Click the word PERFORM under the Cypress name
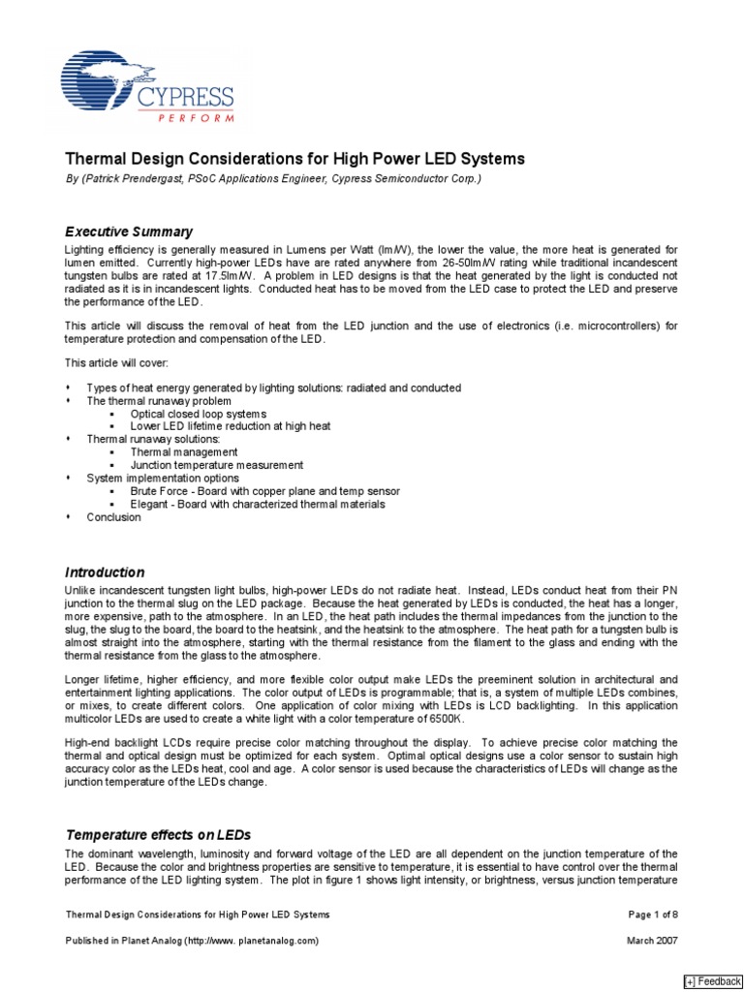point(197,118)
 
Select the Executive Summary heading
point(129,232)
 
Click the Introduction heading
point(105,573)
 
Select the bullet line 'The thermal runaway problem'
point(159,400)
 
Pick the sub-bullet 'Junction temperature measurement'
point(216,465)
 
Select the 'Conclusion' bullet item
point(113,517)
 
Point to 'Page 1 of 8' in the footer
point(652,914)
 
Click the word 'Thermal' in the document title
point(93,158)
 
